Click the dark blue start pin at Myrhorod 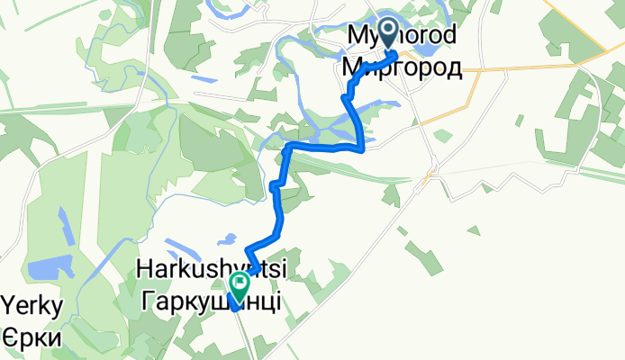point(389,33)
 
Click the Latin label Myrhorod point(401,37)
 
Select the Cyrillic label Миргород point(402,67)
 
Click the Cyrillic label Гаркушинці point(210,301)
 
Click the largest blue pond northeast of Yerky point(45,268)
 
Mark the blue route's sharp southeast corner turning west point(362,148)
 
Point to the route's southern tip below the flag point(235,307)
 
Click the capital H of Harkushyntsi point(144,269)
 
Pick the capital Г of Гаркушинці point(147,301)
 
